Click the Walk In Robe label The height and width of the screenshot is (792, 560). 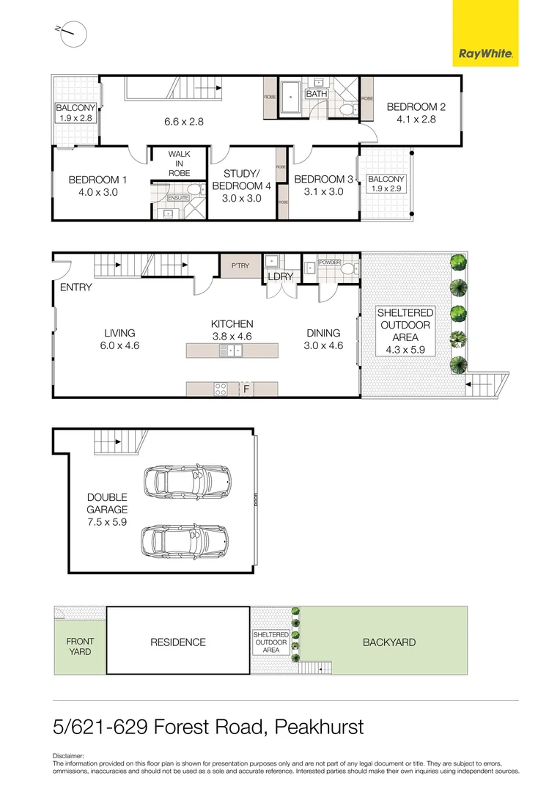(x=179, y=164)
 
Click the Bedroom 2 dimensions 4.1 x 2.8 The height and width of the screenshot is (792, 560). (x=416, y=120)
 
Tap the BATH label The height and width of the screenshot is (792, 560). (x=316, y=94)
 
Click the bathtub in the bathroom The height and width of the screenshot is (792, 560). (x=291, y=100)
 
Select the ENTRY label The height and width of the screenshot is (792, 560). (x=76, y=287)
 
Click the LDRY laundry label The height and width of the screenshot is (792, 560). (x=280, y=276)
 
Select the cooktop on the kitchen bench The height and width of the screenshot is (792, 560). (x=220, y=388)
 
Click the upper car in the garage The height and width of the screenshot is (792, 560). (x=186, y=480)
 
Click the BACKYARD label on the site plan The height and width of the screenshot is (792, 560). (x=389, y=642)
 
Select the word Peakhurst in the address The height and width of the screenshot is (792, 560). (x=319, y=728)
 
